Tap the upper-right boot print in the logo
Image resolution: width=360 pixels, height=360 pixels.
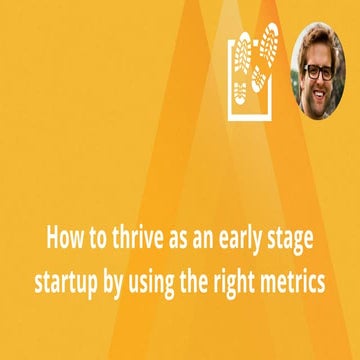[x=267, y=48]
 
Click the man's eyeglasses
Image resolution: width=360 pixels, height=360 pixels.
[x=321, y=71]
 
